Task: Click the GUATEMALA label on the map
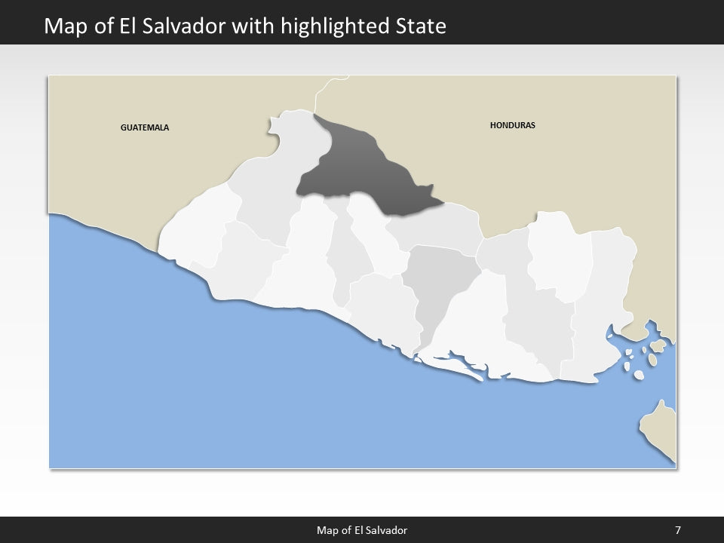(145, 127)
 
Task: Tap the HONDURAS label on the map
(512, 125)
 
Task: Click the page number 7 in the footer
(678, 530)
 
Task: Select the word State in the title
(421, 26)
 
